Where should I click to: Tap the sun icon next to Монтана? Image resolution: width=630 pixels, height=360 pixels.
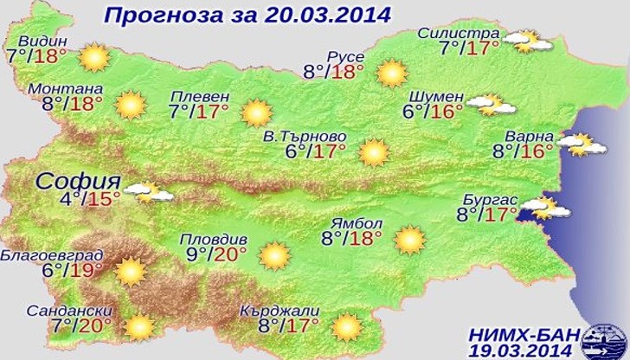point(131,106)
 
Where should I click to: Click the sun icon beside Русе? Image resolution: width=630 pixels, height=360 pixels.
point(392,73)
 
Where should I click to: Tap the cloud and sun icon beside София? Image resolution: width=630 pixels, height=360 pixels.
point(149,191)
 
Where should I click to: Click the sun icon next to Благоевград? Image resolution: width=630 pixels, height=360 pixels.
point(130,272)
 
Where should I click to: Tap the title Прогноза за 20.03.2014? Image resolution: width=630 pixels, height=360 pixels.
point(247,15)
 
